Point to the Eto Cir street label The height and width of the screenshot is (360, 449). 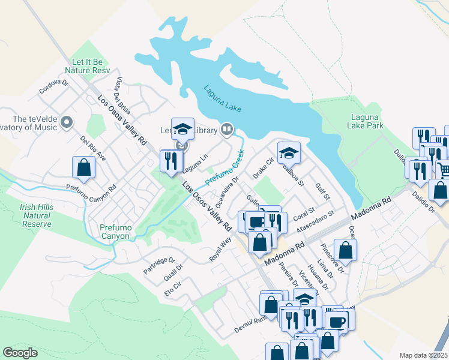tap(173, 292)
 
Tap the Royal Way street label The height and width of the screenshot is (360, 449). tap(220, 248)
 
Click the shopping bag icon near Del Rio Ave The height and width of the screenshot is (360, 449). tap(83, 168)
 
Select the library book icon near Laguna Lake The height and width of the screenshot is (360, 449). tap(226, 128)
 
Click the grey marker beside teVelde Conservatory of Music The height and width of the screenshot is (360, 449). tap(67, 122)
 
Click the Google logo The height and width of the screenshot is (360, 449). tap(20, 353)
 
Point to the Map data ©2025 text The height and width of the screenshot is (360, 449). tap(423, 355)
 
